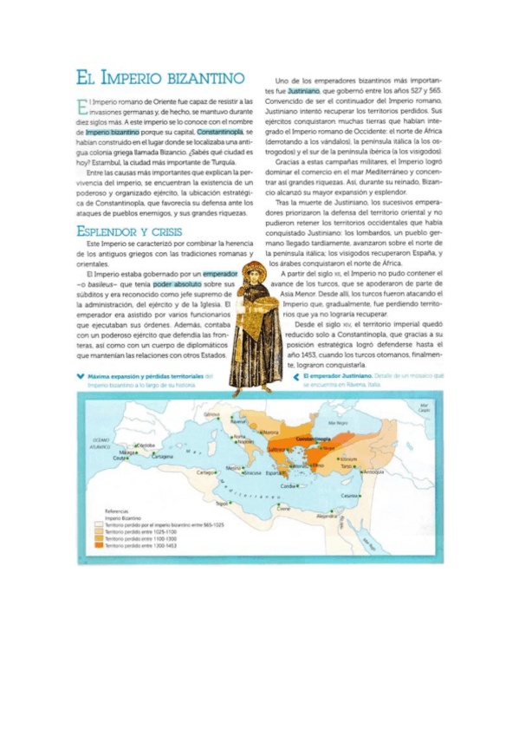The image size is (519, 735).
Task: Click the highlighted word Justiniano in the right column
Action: pos(304,89)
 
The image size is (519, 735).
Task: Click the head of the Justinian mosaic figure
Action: pos(254,276)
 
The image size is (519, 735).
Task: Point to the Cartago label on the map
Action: pos(205,472)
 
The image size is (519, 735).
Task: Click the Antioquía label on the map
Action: pos(374,472)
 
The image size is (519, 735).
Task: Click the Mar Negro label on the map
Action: pos(336,422)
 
